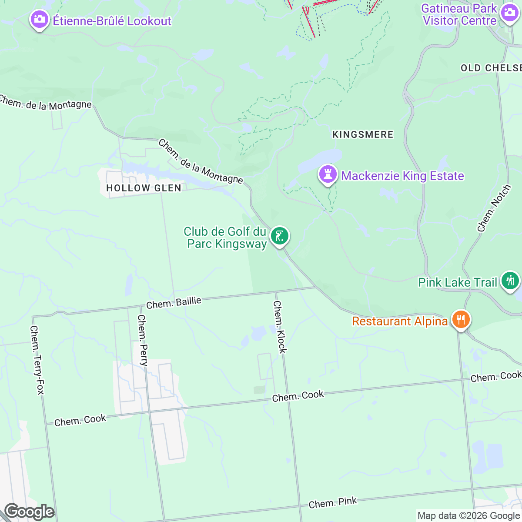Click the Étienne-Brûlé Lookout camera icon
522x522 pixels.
point(39,20)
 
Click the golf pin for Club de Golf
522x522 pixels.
point(279,236)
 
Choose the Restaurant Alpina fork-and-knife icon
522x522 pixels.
point(461,320)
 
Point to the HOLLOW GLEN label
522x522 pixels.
point(144,188)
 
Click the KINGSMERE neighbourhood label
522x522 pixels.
point(363,134)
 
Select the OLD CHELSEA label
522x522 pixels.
point(491,68)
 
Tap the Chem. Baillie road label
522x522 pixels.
point(174,303)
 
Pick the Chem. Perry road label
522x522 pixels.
point(143,340)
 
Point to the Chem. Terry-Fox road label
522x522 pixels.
point(37,360)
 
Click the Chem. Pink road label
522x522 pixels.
point(333,503)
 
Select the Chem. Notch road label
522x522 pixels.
point(494,208)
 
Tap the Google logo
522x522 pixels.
point(29,512)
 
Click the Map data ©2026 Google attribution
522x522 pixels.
point(468,516)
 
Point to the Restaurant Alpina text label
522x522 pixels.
point(400,321)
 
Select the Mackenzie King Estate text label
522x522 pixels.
point(402,176)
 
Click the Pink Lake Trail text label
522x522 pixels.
point(457,282)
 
